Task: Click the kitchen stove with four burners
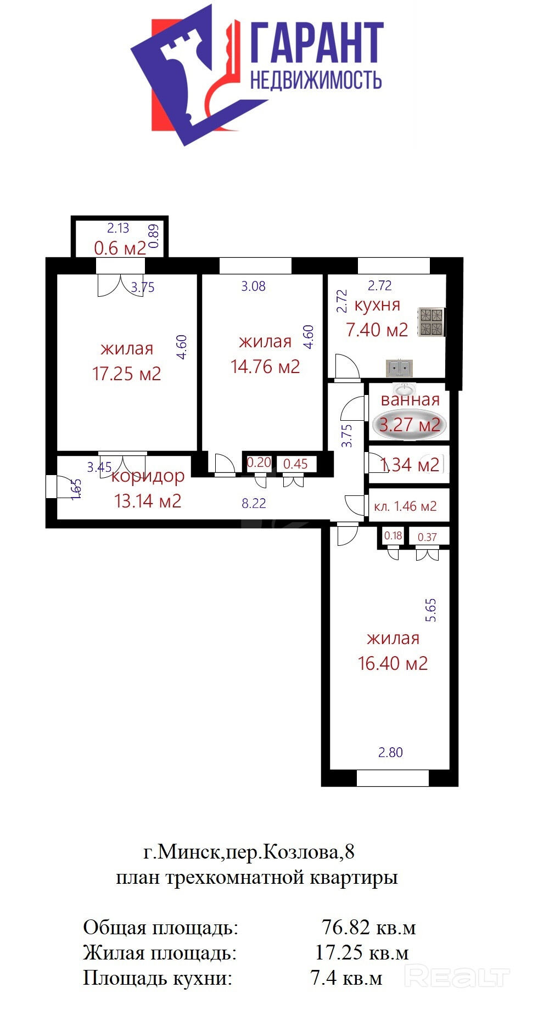pos(431,322)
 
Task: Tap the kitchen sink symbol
pos(399,368)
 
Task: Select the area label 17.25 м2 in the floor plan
pos(127,374)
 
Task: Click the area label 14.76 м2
pos(265,366)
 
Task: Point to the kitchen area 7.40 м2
pos(377,330)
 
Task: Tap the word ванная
pos(410,400)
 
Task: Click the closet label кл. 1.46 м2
pos(405,506)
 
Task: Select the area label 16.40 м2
pos(393,663)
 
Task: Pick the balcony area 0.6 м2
pos(120,248)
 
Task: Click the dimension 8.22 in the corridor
pos(254,503)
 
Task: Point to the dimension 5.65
pos(431,610)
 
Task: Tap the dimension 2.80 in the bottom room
pos(390,752)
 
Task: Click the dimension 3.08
pos(254,286)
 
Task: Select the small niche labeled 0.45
pos(295,464)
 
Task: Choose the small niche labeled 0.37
pos(427,537)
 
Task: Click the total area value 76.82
pos(346,927)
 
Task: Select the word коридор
pos(148,476)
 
